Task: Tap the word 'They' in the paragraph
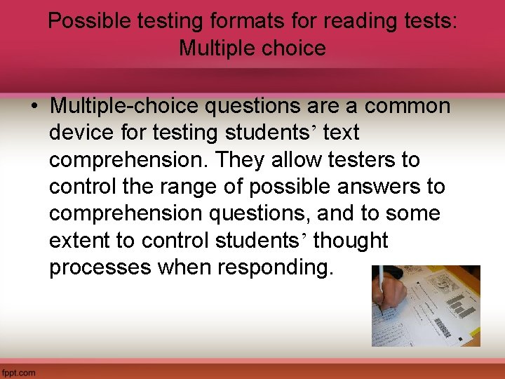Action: (x=238, y=160)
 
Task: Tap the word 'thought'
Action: (x=351, y=240)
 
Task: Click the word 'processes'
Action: (x=100, y=267)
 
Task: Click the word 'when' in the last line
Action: (x=180, y=267)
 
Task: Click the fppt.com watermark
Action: (x=19, y=373)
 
